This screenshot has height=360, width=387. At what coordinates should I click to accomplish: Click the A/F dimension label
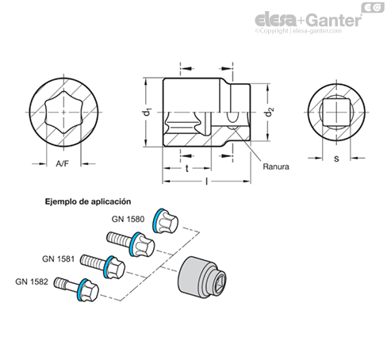point(62,164)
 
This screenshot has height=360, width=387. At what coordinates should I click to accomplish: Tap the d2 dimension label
point(270,112)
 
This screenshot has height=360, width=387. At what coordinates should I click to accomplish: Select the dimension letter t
point(187,168)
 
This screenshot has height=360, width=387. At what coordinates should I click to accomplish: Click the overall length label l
point(207,181)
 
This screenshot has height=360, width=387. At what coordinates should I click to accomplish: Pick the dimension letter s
point(336,159)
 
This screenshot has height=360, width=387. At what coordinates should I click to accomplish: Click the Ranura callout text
point(276,167)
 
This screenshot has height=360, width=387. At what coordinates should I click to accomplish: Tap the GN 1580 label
point(128,219)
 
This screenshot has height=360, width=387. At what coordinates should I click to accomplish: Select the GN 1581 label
point(58,259)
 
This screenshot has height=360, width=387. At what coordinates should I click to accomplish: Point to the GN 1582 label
point(32,281)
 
